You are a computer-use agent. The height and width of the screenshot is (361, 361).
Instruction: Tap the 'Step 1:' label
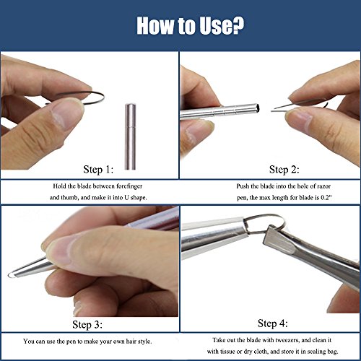coord(98,170)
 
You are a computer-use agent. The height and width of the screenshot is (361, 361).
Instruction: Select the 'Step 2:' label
coord(284,170)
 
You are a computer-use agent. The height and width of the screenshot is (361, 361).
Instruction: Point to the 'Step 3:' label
coord(87,325)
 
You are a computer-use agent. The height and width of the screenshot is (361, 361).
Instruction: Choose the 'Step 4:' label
coord(273,323)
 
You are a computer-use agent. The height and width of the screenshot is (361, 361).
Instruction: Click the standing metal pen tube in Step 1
coord(130,136)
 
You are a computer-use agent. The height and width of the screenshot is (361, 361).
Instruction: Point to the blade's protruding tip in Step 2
coord(273,111)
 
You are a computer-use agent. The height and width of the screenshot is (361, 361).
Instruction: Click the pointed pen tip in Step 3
coord(10,275)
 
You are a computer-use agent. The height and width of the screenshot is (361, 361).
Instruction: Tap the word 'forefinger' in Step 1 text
coord(129,186)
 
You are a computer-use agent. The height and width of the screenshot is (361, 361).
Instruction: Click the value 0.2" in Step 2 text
coord(326,198)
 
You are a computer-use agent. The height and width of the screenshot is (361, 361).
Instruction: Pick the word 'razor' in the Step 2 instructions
coord(324,186)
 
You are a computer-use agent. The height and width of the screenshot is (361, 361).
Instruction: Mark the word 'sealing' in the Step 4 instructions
coord(318,352)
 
